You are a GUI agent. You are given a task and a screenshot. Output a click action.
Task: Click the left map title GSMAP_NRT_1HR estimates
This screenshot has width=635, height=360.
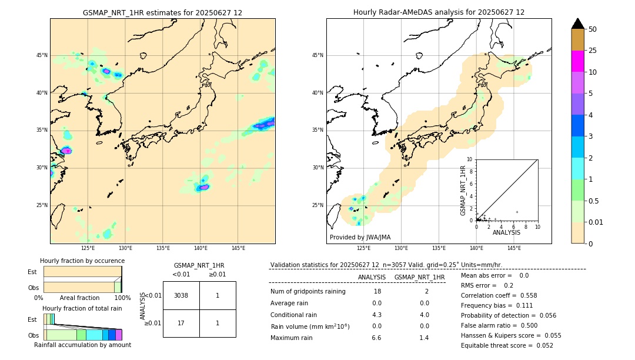click(162, 12)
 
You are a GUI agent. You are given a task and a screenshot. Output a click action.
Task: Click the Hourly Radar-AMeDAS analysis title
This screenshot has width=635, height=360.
click(439, 12)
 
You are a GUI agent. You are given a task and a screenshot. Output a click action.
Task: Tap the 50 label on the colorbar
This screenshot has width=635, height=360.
click(593, 29)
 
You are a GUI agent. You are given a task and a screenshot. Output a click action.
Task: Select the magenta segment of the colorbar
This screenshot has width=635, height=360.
click(577, 61)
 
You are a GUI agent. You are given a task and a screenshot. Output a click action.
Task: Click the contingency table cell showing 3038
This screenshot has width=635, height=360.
click(181, 295)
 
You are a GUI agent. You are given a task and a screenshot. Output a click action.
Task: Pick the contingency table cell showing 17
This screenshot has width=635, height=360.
click(181, 323)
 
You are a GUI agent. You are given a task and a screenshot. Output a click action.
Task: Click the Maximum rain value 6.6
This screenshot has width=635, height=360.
click(376, 338)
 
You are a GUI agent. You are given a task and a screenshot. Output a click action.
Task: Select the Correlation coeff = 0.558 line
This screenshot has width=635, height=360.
click(499, 296)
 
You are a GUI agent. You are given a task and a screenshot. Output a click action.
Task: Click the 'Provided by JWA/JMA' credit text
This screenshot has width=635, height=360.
click(360, 238)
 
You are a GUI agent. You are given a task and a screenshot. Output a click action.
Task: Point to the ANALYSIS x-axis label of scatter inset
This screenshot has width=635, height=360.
click(506, 233)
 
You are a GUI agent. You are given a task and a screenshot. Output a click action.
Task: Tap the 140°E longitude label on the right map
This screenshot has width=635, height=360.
click(476, 248)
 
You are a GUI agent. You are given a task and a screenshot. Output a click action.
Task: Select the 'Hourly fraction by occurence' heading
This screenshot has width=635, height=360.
click(82, 261)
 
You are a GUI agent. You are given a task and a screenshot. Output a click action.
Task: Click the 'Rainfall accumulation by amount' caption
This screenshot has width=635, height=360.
click(82, 345)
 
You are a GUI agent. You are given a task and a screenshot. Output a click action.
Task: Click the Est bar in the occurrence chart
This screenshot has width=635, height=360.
click(82, 272)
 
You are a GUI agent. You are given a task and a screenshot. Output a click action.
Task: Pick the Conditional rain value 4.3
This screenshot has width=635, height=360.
click(376, 315)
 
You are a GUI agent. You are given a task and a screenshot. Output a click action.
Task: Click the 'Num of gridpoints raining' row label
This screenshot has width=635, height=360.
click(308, 292)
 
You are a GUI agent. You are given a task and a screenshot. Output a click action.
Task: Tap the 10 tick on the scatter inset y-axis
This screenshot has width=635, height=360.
click(469, 159)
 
